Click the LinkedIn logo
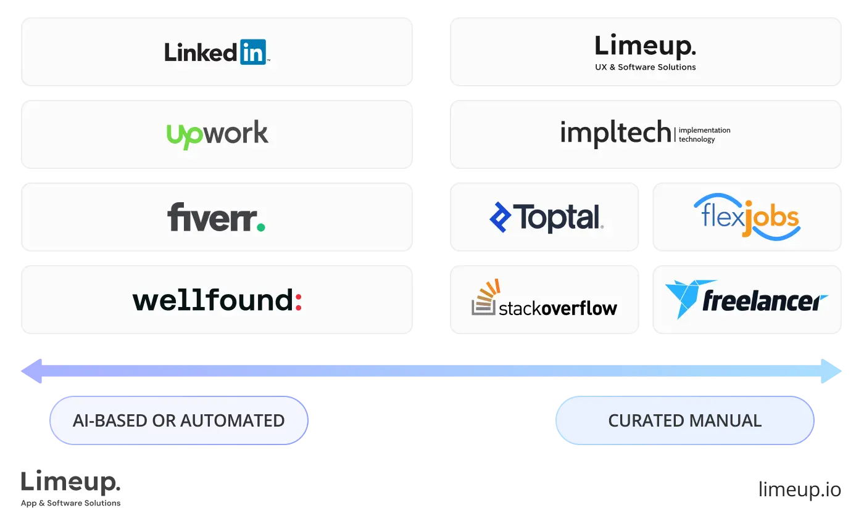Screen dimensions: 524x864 216,52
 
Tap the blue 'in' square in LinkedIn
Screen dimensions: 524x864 252,52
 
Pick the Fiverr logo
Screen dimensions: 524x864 216,218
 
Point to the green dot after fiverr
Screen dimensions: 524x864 260,227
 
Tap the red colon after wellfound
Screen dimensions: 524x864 298,301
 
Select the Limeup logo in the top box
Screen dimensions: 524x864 645,47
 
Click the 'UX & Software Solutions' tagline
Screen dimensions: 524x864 645,67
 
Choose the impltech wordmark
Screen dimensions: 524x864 615,133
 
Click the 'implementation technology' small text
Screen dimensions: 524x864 704,135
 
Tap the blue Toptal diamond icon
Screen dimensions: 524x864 500,217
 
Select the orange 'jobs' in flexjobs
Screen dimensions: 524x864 771,219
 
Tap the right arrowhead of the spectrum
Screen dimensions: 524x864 831,371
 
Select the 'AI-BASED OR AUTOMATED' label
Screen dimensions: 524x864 178,420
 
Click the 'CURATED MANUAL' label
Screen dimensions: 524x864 684,420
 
